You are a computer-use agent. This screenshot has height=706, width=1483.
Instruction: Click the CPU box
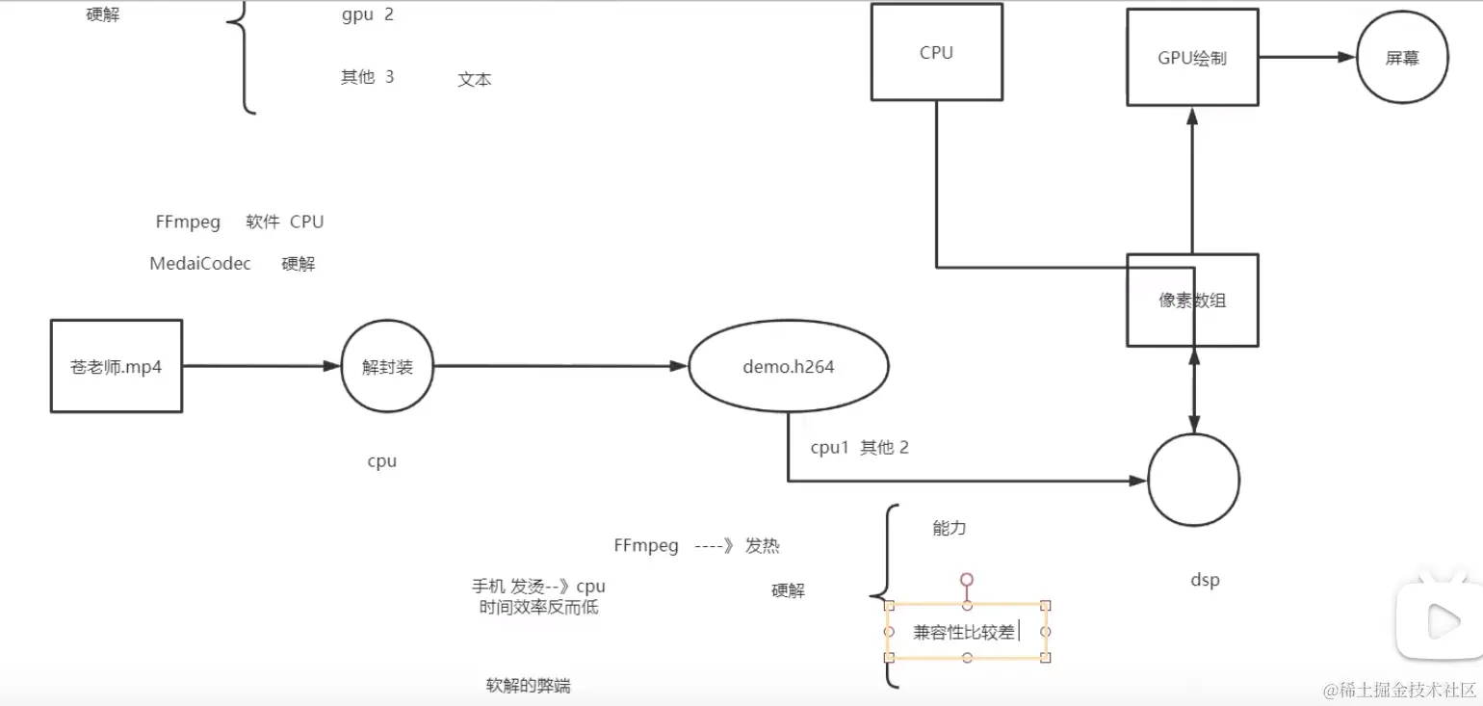(x=936, y=52)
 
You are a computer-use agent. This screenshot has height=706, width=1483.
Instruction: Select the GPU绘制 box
(x=1192, y=57)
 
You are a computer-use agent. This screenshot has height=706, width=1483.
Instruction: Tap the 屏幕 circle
(x=1402, y=58)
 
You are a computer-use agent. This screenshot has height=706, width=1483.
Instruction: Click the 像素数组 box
(x=1192, y=300)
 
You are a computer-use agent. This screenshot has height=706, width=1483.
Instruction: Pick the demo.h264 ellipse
(x=788, y=367)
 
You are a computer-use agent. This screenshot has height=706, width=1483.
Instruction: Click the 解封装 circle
(x=387, y=367)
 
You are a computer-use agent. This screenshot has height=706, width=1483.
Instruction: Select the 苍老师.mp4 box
(x=116, y=367)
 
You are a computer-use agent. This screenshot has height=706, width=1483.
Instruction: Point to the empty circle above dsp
(x=1193, y=480)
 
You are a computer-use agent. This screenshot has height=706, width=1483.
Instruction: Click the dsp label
(x=1205, y=580)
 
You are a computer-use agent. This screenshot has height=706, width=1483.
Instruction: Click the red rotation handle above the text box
(x=967, y=579)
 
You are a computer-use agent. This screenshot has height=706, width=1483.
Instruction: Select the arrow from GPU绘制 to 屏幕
(x=1306, y=57)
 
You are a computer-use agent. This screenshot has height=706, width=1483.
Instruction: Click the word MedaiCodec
(x=200, y=264)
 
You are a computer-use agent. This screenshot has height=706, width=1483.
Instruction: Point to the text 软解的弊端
(x=528, y=686)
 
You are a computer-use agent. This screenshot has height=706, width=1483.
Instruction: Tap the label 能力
(x=949, y=528)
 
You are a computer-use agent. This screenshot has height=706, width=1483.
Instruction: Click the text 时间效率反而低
(x=538, y=608)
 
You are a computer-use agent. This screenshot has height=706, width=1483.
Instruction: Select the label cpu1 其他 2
(x=859, y=448)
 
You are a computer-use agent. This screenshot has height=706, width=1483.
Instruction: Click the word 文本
(x=474, y=80)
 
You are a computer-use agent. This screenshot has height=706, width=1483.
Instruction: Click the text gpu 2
(x=367, y=15)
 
